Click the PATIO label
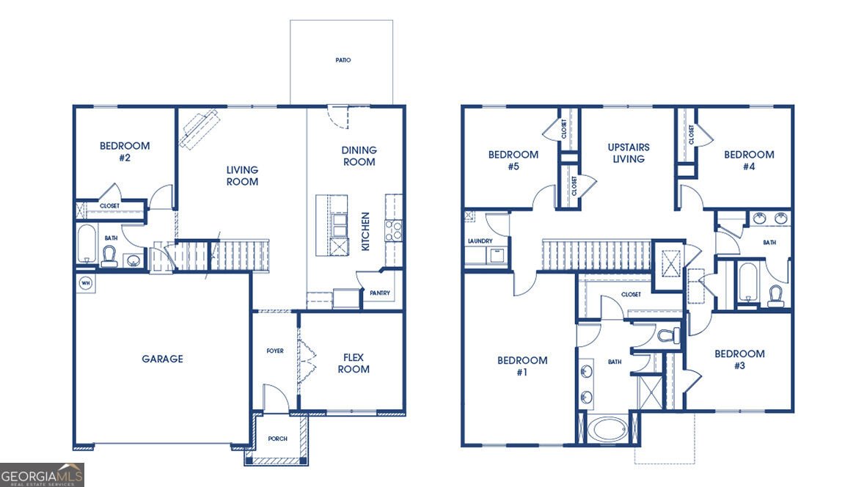343,59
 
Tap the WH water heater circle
86,284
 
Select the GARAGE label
162,359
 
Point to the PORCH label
277,439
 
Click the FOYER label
275,351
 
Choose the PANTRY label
380,293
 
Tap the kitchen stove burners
394,230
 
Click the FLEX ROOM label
354,363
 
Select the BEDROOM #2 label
125,152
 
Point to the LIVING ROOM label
242,176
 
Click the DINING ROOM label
359,156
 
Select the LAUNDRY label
480,241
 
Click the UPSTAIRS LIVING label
629,153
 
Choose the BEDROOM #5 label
513,161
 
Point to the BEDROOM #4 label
749,161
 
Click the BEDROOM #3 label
740,359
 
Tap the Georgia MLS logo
42,475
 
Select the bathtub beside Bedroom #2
87,243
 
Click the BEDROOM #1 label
522,366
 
